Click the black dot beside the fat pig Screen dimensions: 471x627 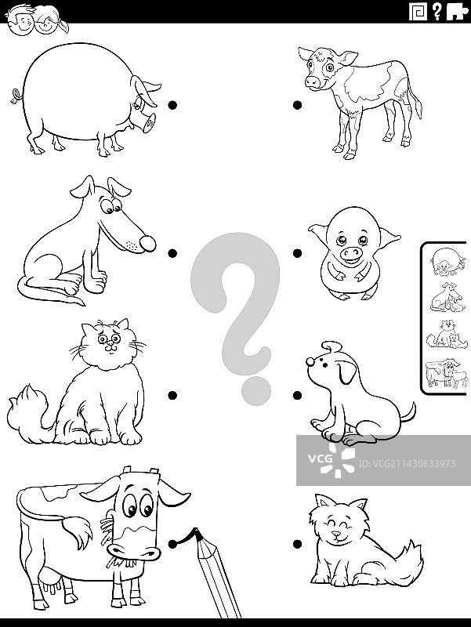pyautogui.click(x=172, y=105)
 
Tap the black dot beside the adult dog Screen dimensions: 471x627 pyautogui.click(x=172, y=253)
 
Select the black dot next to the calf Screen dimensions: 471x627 pyautogui.click(x=297, y=105)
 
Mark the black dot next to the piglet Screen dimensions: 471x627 pyautogui.click(x=297, y=253)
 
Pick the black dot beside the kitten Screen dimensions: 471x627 pyautogui.click(x=297, y=544)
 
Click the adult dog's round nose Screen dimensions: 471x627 pyautogui.click(x=147, y=244)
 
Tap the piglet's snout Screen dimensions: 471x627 pyautogui.click(x=351, y=253)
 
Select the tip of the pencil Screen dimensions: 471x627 pyautogui.click(x=195, y=531)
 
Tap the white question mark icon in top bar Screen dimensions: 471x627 pyautogui.click(x=437, y=11)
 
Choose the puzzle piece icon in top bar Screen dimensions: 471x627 pyautogui.click(x=457, y=12)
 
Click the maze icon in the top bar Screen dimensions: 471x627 pyautogui.click(x=418, y=12)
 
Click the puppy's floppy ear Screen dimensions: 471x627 pyautogui.click(x=346, y=371)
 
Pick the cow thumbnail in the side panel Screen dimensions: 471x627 pyautogui.click(x=446, y=373)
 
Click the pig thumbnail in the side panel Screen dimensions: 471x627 pyautogui.click(x=447, y=262)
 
